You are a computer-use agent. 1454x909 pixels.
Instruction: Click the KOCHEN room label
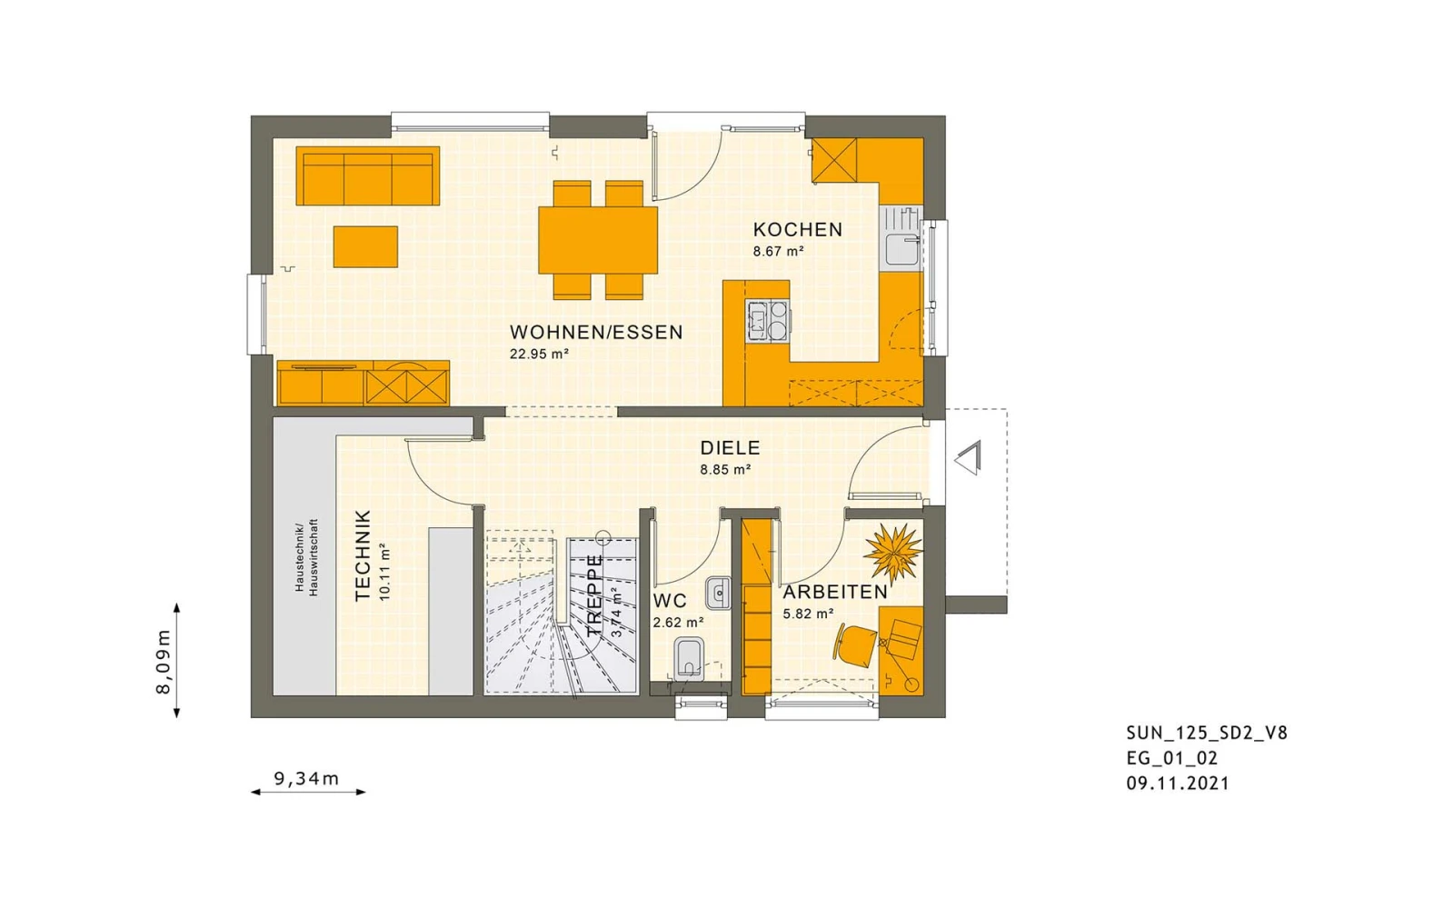[797, 230]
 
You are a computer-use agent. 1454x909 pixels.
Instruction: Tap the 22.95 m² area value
[539, 354]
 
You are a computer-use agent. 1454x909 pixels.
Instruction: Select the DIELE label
[730, 448]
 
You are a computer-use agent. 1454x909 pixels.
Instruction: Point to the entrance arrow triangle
[968, 458]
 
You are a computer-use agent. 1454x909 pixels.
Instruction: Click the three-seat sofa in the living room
[367, 176]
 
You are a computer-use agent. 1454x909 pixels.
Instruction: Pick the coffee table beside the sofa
[365, 246]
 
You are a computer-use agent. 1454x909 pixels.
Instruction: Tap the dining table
[598, 240]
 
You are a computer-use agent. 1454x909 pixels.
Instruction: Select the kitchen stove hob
[767, 321]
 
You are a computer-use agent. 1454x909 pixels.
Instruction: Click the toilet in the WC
[689, 659]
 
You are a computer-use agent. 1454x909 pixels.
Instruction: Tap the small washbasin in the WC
[718, 593]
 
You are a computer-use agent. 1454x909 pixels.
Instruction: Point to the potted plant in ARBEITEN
[894, 552]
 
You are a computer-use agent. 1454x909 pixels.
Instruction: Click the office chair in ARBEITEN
[855, 644]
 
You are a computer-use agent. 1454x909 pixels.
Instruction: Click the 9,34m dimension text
[306, 778]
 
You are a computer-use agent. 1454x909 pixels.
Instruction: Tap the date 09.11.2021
[1178, 784]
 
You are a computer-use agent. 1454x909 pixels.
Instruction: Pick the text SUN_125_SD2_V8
[1207, 733]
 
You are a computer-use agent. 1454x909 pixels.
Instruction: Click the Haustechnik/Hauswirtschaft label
[306, 557]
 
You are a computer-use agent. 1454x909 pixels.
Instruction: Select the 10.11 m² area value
[384, 573]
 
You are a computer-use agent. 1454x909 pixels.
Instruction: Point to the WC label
[670, 601]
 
